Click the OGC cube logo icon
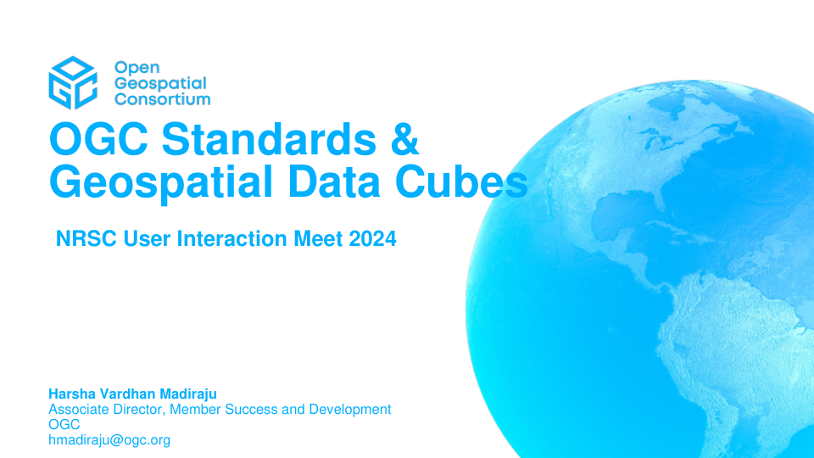click(73, 83)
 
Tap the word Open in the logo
click(137, 68)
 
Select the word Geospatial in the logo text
click(160, 84)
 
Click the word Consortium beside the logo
click(163, 99)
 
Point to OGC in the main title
click(98, 138)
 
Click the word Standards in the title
click(269, 138)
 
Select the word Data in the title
click(334, 182)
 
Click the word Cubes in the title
click(461, 182)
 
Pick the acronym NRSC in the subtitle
click(86, 239)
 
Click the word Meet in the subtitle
click(318, 239)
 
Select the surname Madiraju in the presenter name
click(188, 394)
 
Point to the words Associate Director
click(107, 409)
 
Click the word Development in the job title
click(350, 410)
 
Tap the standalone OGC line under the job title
click(64, 425)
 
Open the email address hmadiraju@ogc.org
click(109, 440)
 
